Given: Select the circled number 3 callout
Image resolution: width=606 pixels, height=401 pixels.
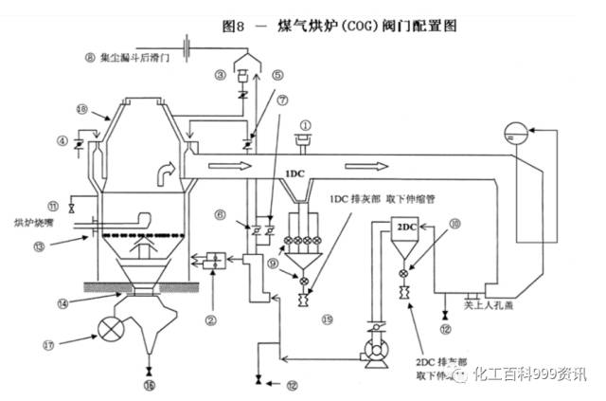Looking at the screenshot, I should (x=220, y=74).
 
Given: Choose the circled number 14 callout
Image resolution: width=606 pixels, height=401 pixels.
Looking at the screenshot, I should (x=62, y=303).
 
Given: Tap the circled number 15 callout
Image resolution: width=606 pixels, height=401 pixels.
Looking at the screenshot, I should (x=327, y=319).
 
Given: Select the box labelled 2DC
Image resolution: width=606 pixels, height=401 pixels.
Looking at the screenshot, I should (x=405, y=228).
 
